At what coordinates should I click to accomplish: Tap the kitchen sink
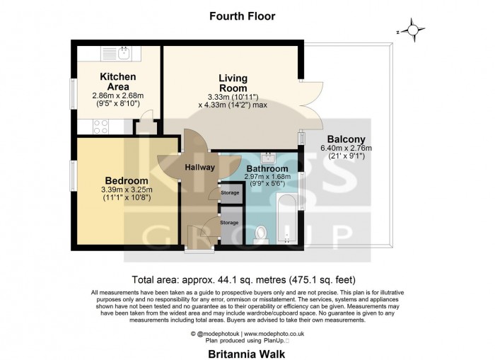point(117,54)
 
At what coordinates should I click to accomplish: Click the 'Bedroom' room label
point(127,180)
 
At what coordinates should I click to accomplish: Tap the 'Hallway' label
point(200,168)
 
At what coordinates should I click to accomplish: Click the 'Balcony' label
point(346,139)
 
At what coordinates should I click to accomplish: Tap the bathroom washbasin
point(268,156)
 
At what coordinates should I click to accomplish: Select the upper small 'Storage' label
point(230,191)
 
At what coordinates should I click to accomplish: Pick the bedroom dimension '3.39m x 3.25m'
point(127,190)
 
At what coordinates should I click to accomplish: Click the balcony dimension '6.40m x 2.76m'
point(346,148)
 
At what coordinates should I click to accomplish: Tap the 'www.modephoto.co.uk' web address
point(275,333)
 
